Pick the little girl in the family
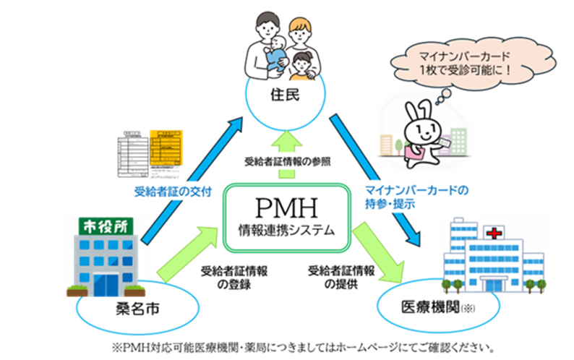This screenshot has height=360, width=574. coord(304,64)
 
